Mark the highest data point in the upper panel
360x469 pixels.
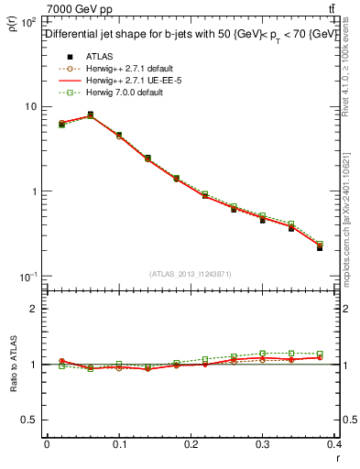90,115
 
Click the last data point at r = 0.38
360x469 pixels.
319,247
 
